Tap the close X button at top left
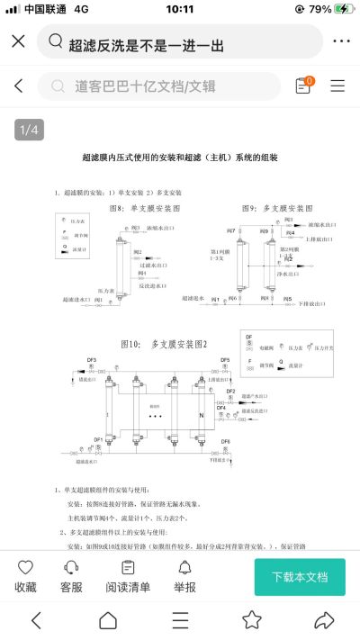click(18, 42)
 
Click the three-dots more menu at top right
click(341, 42)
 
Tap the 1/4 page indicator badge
click(29, 131)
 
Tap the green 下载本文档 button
click(299, 576)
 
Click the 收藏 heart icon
click(25, 576)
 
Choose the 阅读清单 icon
click(128, 576)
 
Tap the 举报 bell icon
click(184, 576)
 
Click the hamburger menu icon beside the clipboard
click(337, 86)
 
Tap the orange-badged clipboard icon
click(303, 86)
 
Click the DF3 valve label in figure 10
click(92, 360)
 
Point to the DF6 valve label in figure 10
click(226, 441)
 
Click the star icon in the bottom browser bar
click(252, 620)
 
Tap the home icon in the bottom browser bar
click(108, 620)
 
